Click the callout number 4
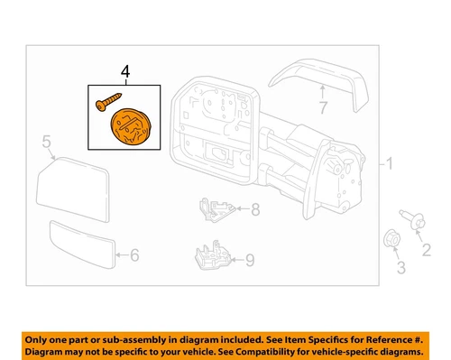tap(126, 69)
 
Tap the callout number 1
tap(391, 166)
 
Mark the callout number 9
tap(251, 263)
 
